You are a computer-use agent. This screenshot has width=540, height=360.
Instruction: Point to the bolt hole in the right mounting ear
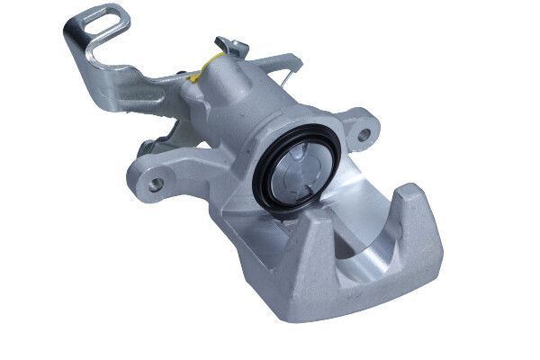364,138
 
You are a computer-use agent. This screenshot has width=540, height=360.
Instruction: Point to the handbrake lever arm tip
292,62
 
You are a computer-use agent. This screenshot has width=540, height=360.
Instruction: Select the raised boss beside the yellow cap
193,85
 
